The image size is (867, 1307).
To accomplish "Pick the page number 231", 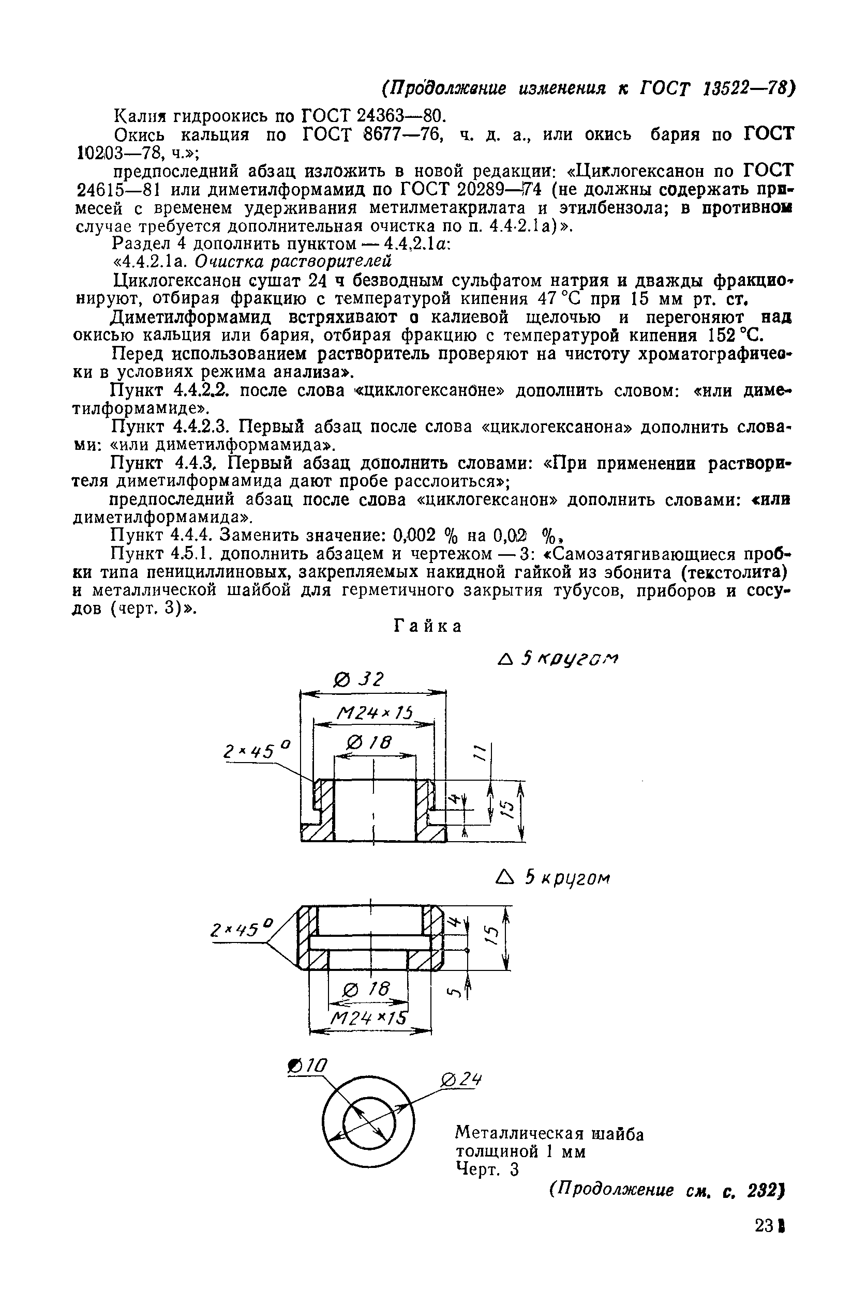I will click(x=769, y=1256).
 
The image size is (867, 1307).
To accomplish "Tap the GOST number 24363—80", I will click(x=400, y=116).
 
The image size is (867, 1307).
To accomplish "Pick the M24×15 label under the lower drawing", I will click(x=368, y=1017).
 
